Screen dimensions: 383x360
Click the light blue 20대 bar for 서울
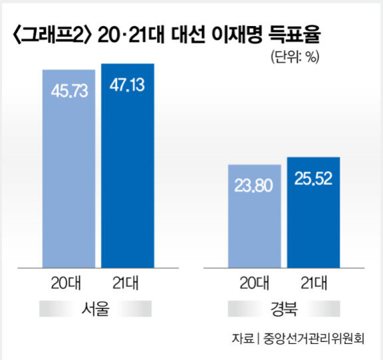[69, 168]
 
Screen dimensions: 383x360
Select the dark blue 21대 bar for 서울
[128, 166]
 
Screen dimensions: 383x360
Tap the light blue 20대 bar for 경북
[255, 216]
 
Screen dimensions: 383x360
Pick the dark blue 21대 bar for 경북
[313, 212]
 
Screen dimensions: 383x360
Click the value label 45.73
[69, 91]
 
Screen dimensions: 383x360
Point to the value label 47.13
[127, 85]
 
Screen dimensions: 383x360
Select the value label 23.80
[253, 186]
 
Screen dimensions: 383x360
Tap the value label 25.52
[313, 178]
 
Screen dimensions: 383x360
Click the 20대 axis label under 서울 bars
[66, 283]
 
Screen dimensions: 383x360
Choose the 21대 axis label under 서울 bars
[126, 283]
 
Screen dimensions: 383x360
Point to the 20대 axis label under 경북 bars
[254, 283]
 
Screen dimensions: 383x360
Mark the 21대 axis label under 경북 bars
[314, 283]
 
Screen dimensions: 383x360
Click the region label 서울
[96, 309]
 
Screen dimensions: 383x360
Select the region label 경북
[284, 309]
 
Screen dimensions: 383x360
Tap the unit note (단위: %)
[295, 57]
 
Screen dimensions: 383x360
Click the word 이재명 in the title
[237, 35]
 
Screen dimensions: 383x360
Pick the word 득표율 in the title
[295, 35]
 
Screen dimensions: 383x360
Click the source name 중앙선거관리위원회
[314, 339]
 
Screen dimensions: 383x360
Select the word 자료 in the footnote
[243, 339]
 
